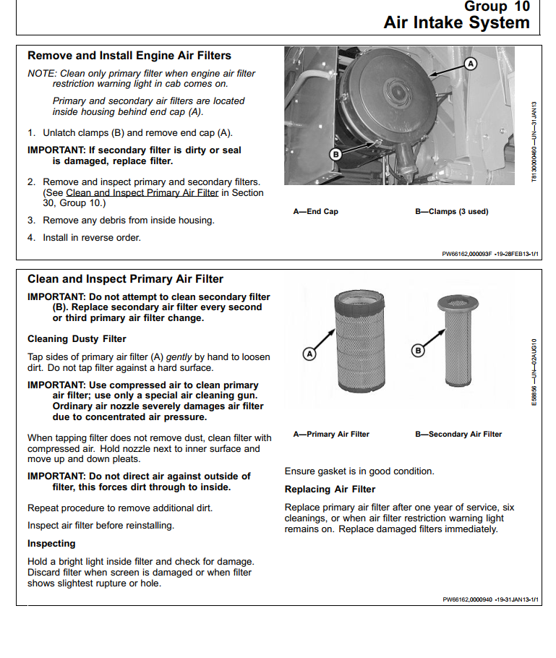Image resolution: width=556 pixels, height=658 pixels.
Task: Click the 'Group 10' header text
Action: (x=497, y=7)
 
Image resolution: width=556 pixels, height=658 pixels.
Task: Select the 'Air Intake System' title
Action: (x=456, y=23)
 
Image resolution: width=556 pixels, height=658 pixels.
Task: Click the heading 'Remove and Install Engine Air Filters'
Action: (x=129, y=56)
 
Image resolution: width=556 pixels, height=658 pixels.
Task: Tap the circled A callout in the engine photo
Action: (x=471, y=64)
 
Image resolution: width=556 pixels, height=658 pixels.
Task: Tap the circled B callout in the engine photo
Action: (x=335, y=154)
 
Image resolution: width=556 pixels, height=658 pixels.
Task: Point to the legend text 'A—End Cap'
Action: (x=315, y=211)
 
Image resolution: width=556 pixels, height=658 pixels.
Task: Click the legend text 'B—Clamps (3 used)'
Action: (x=451, y=211)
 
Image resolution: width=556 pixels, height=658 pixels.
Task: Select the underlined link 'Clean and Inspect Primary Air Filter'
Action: (x=142, y=193)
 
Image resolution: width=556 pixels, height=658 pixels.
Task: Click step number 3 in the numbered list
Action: (x=31, y=220)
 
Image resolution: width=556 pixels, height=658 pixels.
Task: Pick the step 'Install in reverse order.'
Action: (x=92, y=237)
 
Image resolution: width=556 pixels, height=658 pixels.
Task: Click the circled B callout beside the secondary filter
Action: (x=417, y=351)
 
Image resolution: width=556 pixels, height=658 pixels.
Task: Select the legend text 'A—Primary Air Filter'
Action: (x=331, y=434)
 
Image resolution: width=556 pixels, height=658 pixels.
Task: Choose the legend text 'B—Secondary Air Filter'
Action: (x=458, y=434)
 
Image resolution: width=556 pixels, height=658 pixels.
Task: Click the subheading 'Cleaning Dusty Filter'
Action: (x=77, y=338)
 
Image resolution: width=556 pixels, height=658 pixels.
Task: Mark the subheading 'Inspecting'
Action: (x=51, y=543)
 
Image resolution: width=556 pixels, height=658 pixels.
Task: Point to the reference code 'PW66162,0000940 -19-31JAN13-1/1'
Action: (x=492, y=599)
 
